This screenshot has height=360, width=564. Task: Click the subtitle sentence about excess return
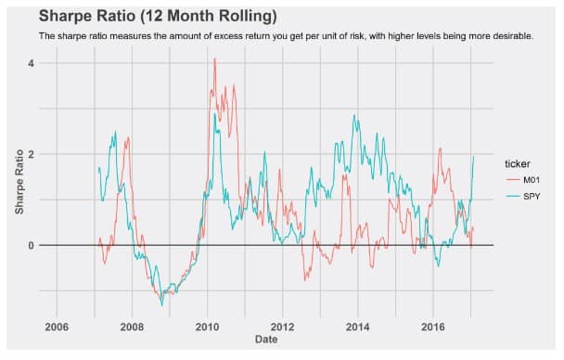click(286, 36)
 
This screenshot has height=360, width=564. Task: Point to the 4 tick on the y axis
click(30, 63)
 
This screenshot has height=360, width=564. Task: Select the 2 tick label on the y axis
click(30, 154)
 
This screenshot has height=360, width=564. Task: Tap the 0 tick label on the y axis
click(30, 245)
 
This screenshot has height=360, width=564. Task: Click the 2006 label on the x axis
click(57, 327)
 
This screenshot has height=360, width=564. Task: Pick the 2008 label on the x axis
click(132, 327)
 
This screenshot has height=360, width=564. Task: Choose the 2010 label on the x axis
click(207, 327)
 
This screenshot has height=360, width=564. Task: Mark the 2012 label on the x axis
click(282, 327)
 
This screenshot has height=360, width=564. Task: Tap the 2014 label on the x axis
click(357, 327)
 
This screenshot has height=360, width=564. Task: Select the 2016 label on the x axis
click(432, 327)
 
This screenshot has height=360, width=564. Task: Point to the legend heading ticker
click(511, 164)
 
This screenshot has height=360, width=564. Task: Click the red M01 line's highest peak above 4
click(215, 58)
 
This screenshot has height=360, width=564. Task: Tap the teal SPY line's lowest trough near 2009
click(161, 304)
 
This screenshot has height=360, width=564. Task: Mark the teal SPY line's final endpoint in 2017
click(474, 156)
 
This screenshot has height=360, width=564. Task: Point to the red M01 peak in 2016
click(440, 148)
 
